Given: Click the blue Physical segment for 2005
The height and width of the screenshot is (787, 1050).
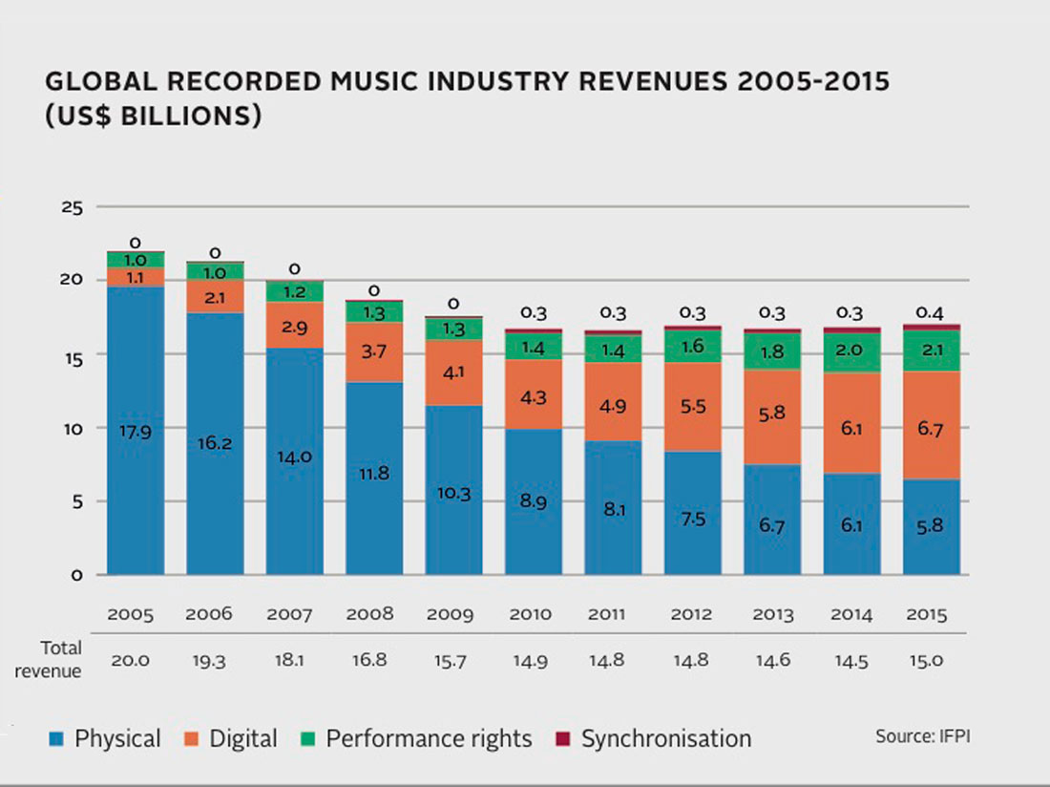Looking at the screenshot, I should (x=135, y=430).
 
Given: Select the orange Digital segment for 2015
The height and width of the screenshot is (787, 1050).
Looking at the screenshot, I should (x=931, y=425).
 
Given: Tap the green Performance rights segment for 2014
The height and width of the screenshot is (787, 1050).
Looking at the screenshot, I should (x=850, y=351).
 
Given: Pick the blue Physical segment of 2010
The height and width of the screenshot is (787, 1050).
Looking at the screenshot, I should (x=533, y=501).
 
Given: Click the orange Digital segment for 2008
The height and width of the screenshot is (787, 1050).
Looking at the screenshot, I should (x=373, y=352).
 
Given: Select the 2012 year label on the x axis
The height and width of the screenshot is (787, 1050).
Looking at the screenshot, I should (x=691, y=614).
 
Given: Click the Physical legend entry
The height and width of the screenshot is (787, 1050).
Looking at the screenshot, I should (x=106, y=738).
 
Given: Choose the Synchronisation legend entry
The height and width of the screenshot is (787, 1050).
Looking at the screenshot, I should (x=654, y=738).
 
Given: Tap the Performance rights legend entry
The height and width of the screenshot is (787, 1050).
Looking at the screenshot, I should (x=417, y=738).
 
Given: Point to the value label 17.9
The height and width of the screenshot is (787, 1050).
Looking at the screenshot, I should (x=135, y=431).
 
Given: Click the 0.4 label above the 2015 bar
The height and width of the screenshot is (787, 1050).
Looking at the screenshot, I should (x=931, y=312).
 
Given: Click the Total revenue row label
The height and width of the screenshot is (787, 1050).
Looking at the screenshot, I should (x=60, y=659).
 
